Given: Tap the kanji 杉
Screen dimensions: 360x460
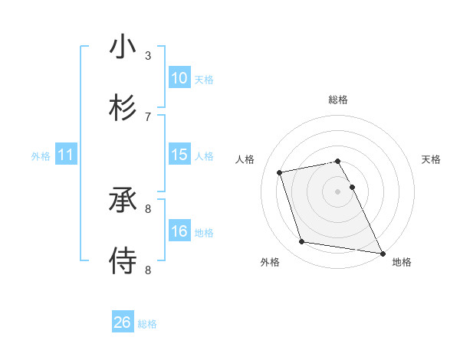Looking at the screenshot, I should pos(123,106).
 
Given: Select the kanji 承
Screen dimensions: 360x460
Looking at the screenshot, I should pos(123,199).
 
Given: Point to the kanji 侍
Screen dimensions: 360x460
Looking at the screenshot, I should pos(123,260).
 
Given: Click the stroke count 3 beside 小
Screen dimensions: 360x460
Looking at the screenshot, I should pos(148,56).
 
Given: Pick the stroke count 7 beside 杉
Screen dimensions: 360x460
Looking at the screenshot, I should pos(148,116).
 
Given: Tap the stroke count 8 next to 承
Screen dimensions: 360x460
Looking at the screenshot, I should pos(148,208).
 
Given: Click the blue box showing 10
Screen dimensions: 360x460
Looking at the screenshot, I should pos(179,78).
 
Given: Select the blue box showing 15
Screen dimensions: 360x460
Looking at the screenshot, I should pos(179,155).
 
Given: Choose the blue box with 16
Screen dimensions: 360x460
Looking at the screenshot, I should pos(179,231).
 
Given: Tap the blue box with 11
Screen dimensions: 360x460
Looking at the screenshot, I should pos(66,155).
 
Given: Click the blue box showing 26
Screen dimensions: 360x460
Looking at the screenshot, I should pos(123,322).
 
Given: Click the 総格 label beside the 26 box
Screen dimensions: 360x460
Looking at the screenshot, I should pos(147,324).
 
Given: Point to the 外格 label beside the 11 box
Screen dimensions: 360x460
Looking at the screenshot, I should pos(41,156).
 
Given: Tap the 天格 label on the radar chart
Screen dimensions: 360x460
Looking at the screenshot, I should pos(431,159).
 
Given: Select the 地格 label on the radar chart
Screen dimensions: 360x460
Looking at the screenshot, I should pos(402,263).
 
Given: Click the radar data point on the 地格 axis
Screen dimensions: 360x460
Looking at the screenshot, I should pos(381,252).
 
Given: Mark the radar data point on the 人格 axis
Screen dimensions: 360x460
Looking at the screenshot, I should pos(280,172).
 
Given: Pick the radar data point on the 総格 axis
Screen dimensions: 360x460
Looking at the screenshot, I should pos(337,162).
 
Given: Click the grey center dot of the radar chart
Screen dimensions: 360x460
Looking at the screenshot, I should pos(337,191).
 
